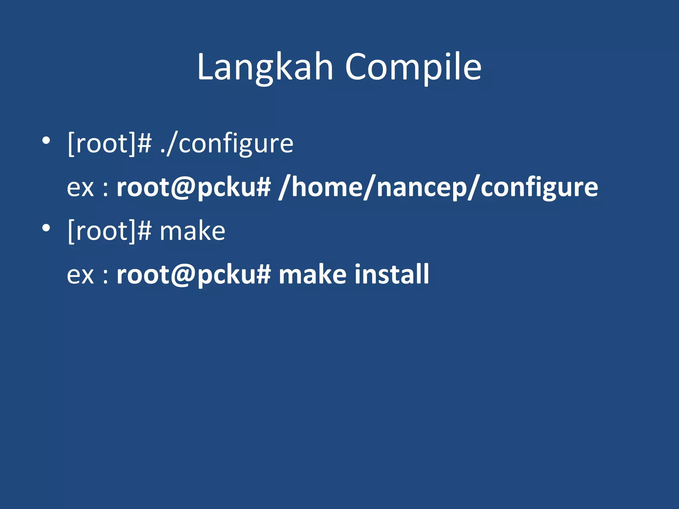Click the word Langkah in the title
(x=265, y=68)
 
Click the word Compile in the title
(x=413, y=68)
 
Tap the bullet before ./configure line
(x=46, y=141)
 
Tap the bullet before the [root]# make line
(x=46, y=228)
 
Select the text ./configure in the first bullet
(x=227, y=144)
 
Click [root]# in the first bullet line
(x=109, y=144)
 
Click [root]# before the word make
(x=109, y=231)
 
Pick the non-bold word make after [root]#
(x=192, y=231)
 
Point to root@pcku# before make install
(x=194, y=275)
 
